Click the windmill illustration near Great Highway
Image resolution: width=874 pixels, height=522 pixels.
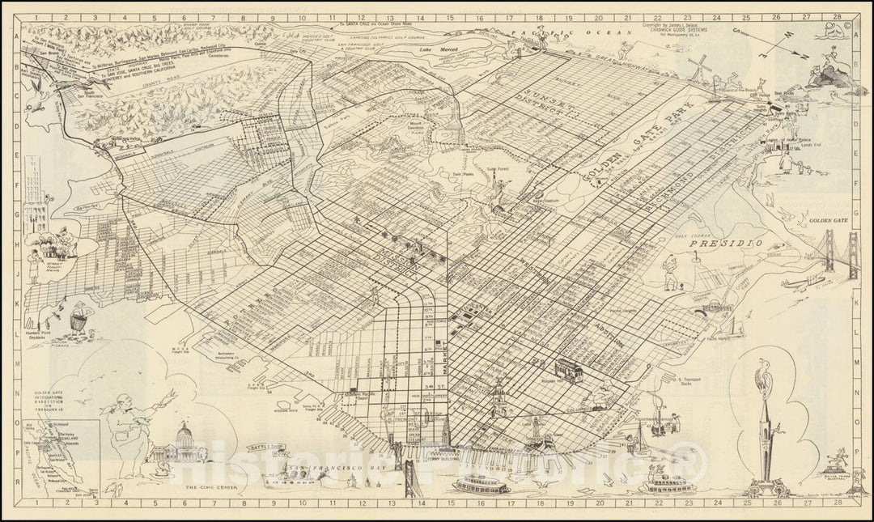tap(701, 65)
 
